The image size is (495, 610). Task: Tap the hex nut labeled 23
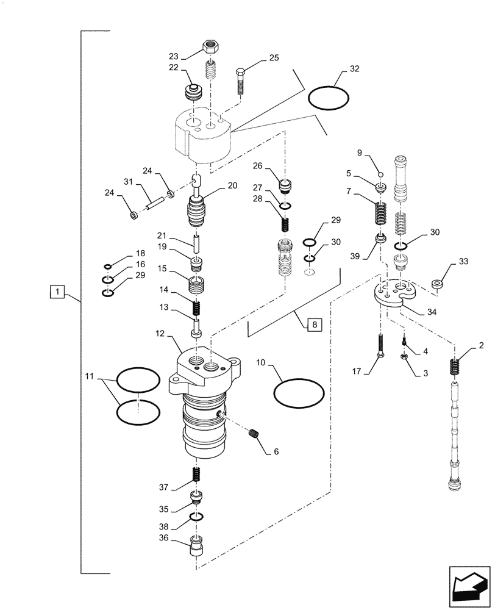point(211,46)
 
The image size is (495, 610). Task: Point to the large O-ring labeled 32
point(329,98)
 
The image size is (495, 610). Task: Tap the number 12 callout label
point(160,334)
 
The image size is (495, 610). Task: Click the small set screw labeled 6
point(255,434)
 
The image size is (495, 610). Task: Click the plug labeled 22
point(194,93)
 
